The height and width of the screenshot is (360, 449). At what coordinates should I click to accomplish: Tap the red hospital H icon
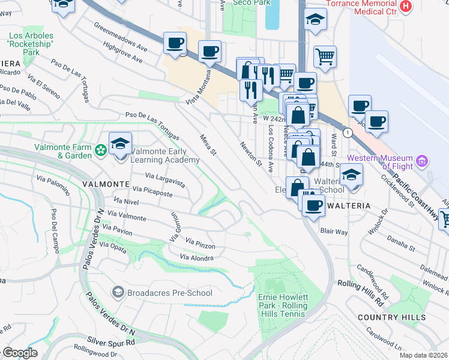[x=406, y=6]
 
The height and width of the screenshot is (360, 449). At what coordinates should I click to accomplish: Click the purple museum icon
[x=422, y=161]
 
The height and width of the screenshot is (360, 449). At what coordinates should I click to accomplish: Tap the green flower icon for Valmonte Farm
[x=101, y=148]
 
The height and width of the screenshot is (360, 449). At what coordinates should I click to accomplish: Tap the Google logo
[x=20, y=352]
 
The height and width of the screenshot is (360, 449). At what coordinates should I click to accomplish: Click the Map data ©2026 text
[x=423, y=355]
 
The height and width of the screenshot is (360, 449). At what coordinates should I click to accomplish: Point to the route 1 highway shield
[x=347, y=131]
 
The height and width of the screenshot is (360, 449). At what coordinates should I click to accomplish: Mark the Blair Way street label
[x=334, y=231]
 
